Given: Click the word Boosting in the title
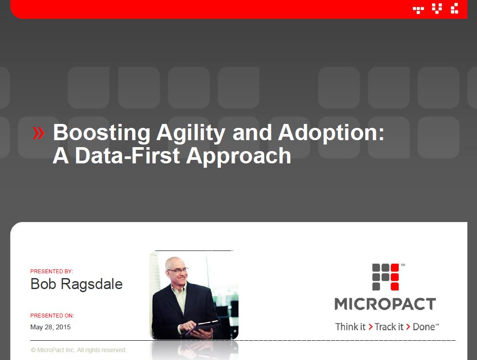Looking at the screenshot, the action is (x=102, y=133).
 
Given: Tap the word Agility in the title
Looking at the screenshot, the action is (x=191, y=133).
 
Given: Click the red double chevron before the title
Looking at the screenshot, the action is (x=39, y=133).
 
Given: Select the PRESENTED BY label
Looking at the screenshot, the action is (x=52, y=272).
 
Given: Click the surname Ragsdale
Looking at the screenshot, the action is (x=91, y=284).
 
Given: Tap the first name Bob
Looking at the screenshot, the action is (x=43, y=284).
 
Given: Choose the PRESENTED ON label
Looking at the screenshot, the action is (x=52, y=315).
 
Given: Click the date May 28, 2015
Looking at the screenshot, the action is (x=50, y=327).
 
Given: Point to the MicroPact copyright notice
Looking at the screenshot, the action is (x=78, y=350).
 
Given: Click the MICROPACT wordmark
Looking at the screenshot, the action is (x=385, y=304).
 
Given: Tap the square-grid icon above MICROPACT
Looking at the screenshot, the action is (x=386, y=277).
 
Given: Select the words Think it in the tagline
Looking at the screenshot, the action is (x=350, y=327).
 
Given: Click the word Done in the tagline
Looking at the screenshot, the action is (x=424, y=327).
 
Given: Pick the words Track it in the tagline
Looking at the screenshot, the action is (x=389, y=327).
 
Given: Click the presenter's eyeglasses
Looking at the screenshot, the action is (x=177, y=270).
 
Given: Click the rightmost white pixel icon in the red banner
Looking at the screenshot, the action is (x=455, y=8).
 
